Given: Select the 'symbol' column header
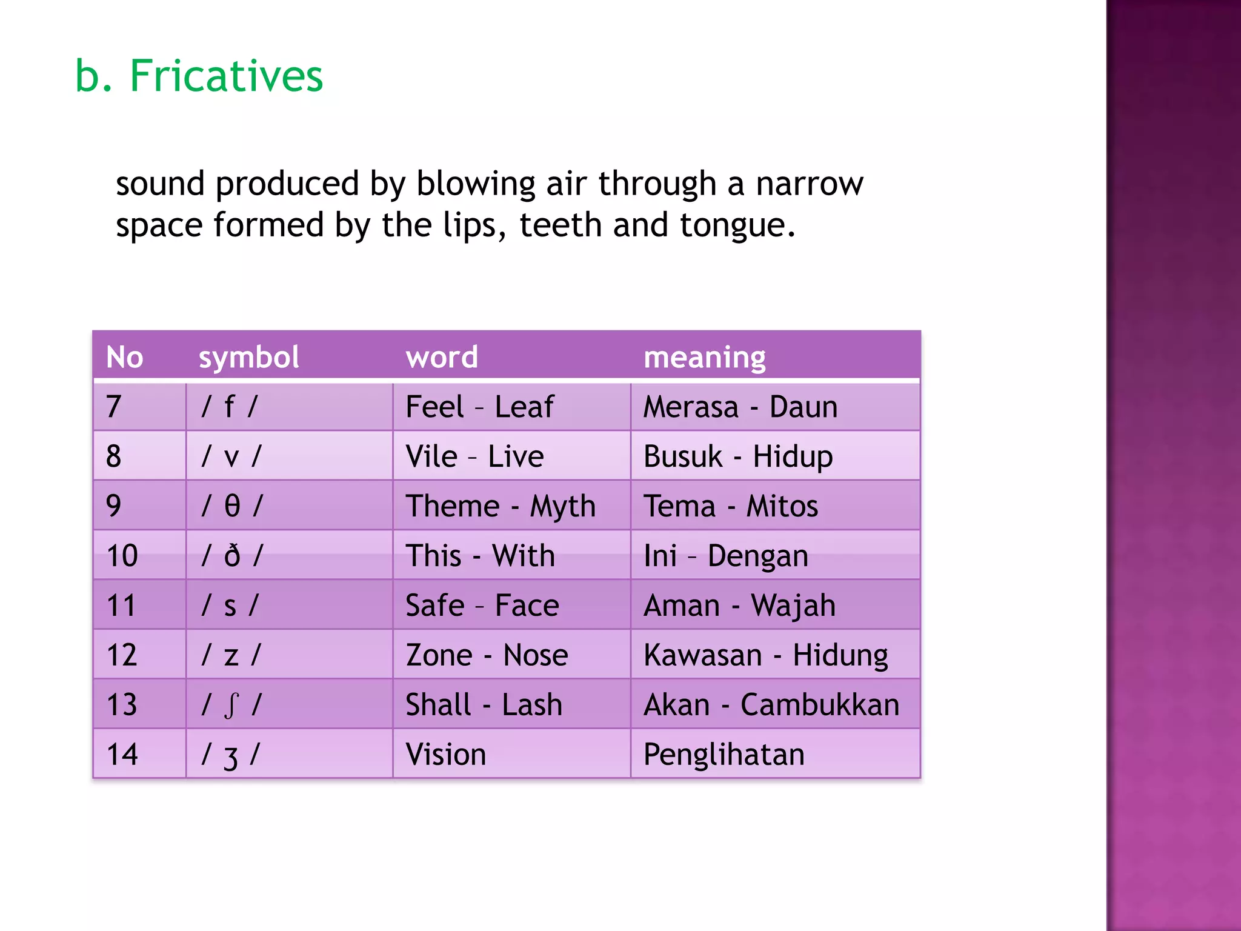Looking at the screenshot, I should tap(248, 357).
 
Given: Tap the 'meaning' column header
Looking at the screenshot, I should tap(704, 357).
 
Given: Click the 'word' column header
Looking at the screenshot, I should tap(442, 357).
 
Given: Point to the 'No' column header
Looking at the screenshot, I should tap(124, 357).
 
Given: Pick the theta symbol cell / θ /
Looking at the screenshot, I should tap(232, 506).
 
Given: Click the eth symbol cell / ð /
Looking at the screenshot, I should tap(232, 556).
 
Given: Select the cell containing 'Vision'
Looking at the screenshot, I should tap(446, 755).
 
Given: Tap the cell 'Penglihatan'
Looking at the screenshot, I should tap(724, 755).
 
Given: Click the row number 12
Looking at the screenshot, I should tap(122, 655).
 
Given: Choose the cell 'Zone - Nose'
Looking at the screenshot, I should tap(487, 655).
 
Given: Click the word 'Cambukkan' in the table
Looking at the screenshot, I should tap(819, 705).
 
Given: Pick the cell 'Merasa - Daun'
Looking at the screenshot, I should tap(740, 407).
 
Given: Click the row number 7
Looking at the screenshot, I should tap(114, 407).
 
